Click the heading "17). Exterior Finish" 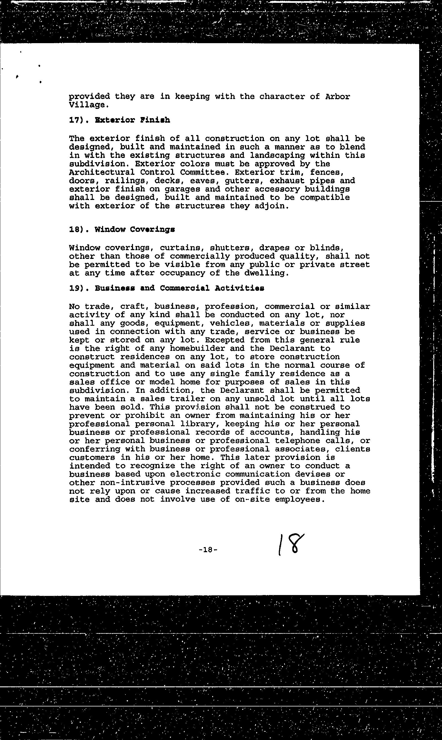(x=120, y=120)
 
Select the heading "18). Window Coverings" (x=122, y=229)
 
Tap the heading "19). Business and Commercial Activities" (x=167, y=288)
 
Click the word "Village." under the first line (x=87, y=105)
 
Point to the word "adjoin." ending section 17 (x=274, y=206)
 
